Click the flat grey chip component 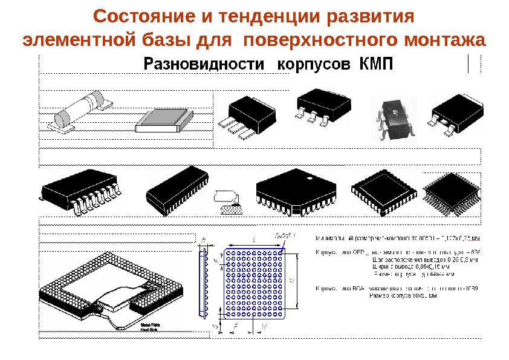pyautogui.click(x=160, y=121)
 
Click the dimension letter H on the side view pyautogui.click(x=203, y=240)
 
